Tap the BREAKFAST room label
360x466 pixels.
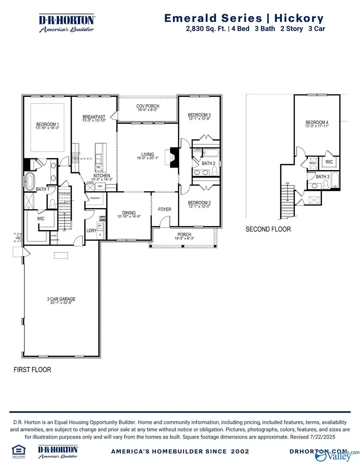[94, 116]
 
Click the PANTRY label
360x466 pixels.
[95, 198]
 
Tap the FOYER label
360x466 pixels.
[164, 209]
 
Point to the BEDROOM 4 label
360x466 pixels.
[317, 122]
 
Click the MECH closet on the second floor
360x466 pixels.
[313, 163]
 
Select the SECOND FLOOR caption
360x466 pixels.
[268, 229]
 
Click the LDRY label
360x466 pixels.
[92, 231]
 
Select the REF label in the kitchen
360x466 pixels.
[100, 186]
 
